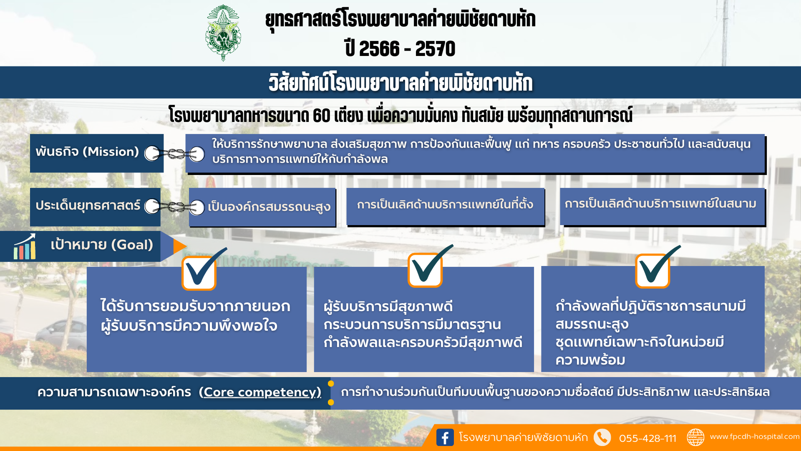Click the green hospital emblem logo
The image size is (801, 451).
(223, 33)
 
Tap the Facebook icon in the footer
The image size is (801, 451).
(445, 437)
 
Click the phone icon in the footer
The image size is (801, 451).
(602, 437)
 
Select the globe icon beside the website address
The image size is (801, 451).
(695, 437)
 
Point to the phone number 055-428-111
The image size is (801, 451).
(647, 438)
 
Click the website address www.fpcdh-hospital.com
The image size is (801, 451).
(755, 436)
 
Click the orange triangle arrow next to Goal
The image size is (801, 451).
(180, 246)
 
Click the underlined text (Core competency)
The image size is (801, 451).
(260, 392)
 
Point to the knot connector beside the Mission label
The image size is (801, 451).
(174, 154)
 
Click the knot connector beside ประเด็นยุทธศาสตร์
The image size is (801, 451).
(174, 206)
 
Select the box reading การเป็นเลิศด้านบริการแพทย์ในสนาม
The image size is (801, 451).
(662, 207)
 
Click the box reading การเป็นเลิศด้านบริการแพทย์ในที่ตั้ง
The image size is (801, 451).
(446, 207)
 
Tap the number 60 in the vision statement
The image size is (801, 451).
(322, 116)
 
